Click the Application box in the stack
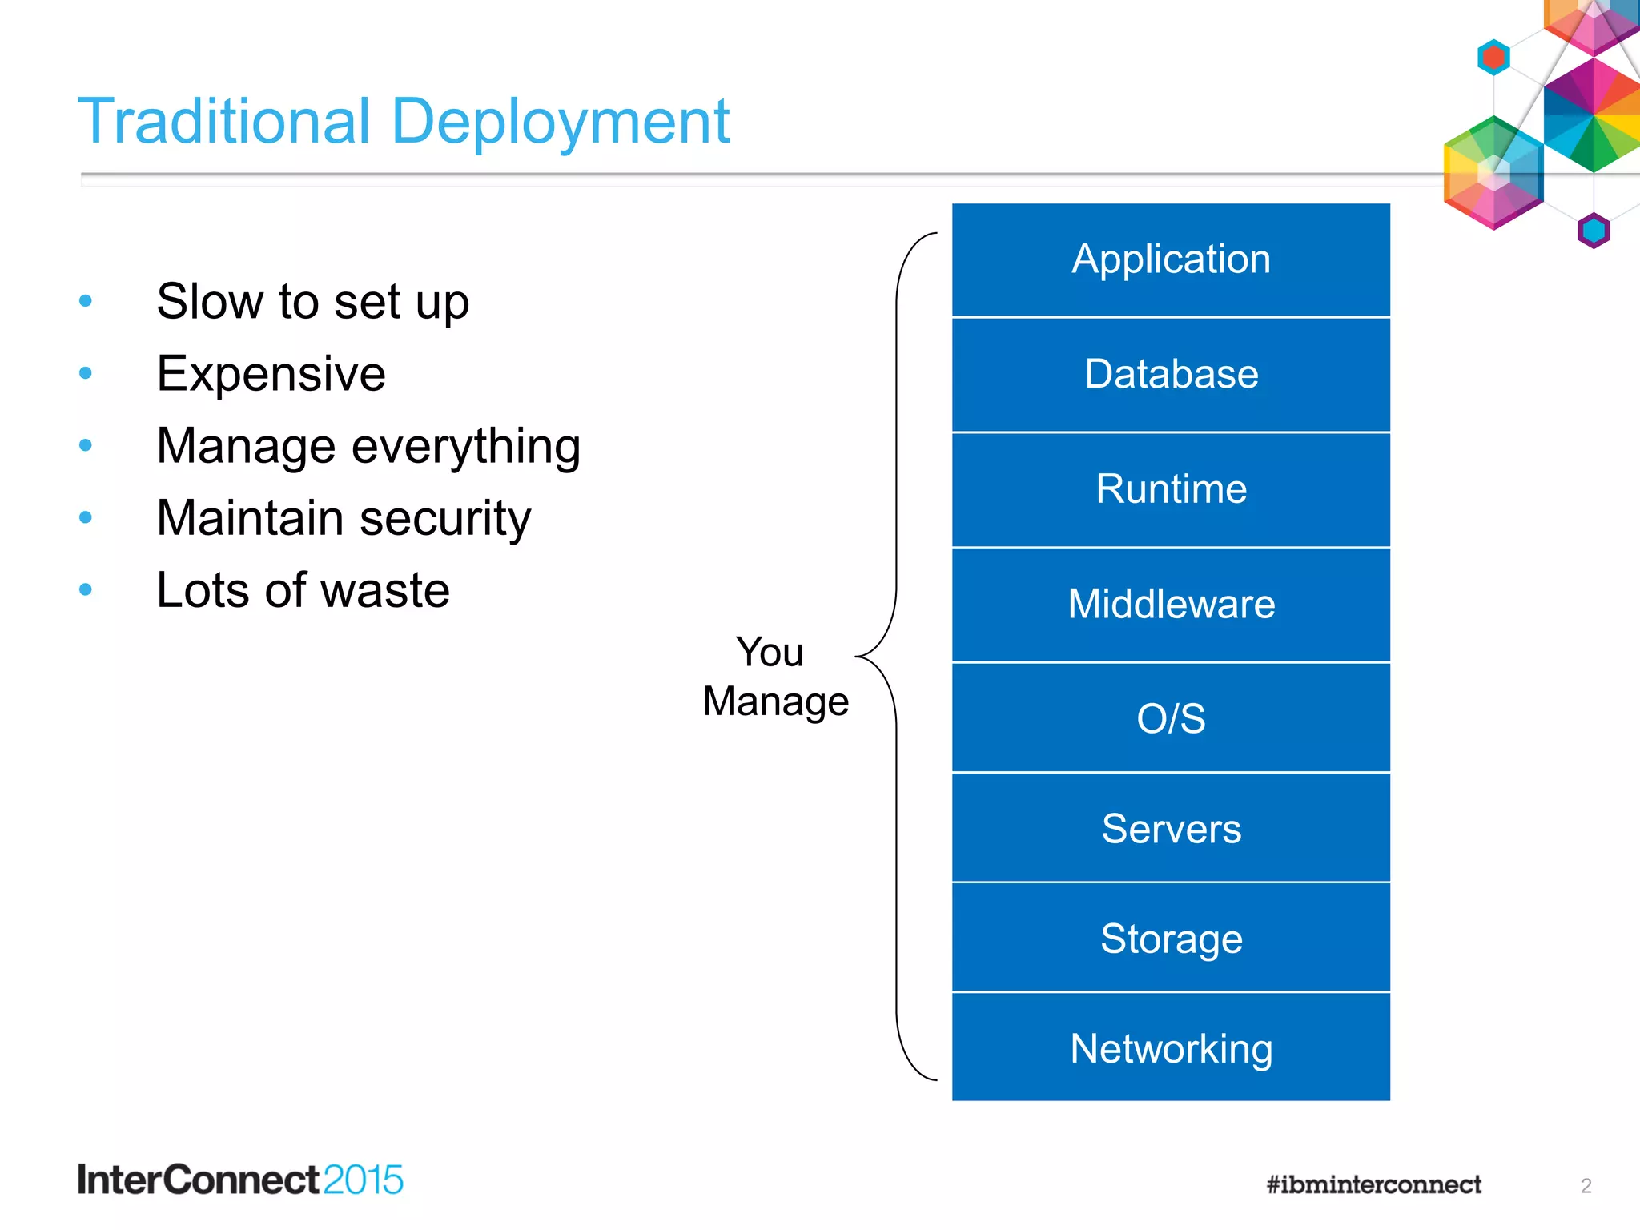[1171, 260]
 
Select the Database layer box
[1171, 375]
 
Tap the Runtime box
[1171, 489]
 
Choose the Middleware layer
[1171, 605]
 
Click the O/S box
[1171, 718]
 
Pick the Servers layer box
[1171, 828]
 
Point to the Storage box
[1171, 938]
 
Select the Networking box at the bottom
[1171, 1048]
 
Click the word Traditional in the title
[224, 122]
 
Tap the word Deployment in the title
[561, 122]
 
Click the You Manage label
[775, 677]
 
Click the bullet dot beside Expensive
[86, 373]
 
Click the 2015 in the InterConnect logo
[363, 1180]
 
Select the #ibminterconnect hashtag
[1373, 1184]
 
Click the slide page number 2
[1586, 1186]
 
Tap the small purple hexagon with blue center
[1593, 231]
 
